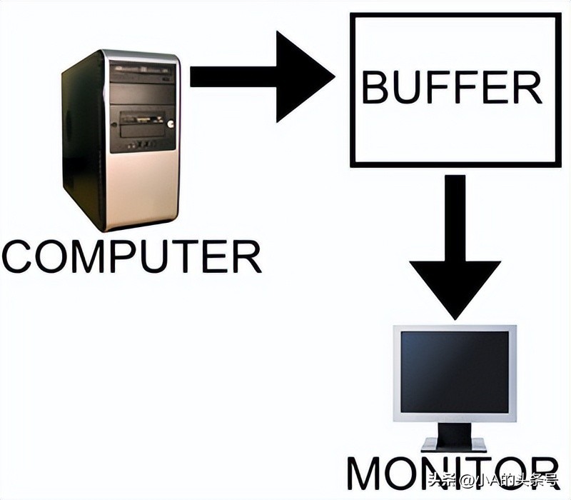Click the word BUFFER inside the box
(451, 87)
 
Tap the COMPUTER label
(131, 257)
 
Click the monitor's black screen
(454, 371)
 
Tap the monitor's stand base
(454, 444)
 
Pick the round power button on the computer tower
(171, 122)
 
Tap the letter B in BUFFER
(375, 88)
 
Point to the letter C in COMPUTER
(19, 257)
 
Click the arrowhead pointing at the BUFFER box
(305, 76)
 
